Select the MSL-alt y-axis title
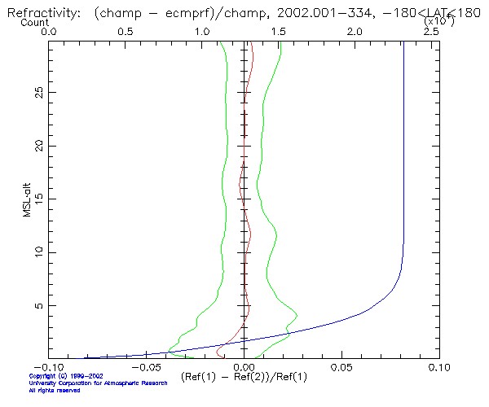tap(28, 199)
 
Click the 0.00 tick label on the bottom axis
tap(244, 368)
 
